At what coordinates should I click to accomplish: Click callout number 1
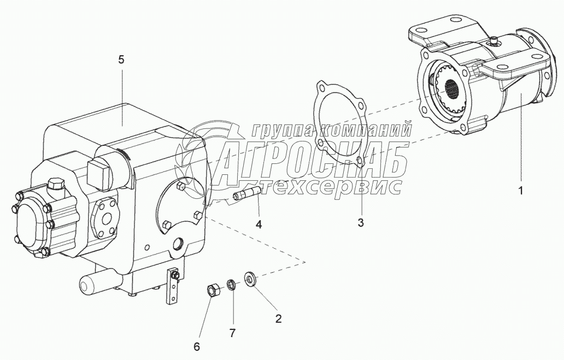click(521, 191)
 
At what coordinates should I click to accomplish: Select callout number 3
click(360, 222)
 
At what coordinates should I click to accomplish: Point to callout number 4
click(258, 225)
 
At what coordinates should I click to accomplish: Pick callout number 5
click(121, 60)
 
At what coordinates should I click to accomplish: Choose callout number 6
click(197, 346)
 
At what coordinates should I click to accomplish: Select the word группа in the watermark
click(283, 130)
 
